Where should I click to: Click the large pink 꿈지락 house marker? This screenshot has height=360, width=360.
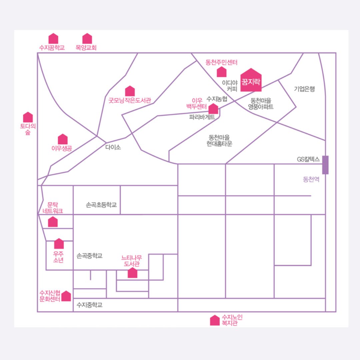(251, 80)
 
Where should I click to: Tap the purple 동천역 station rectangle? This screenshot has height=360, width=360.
(325, 165)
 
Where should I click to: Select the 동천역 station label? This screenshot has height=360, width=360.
(311, 179)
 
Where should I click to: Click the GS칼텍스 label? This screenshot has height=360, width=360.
(308, 159)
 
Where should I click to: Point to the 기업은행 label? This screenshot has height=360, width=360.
(304, 89)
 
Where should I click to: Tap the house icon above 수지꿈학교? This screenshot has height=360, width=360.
(53, 39)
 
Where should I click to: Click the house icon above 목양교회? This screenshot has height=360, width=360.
(87, 39)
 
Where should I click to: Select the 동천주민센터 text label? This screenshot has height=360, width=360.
(221, 62)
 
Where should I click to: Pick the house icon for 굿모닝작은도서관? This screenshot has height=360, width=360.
(130, 91)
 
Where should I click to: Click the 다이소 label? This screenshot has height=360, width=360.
(113, 147)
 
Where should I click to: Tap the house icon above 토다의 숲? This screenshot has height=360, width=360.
(28, 117)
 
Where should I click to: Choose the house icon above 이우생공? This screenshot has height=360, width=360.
(63, 139)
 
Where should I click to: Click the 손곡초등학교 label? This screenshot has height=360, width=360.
(101, 205)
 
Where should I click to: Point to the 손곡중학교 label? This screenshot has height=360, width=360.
(89, 256)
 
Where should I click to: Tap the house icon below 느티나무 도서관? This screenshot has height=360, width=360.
(133, 273)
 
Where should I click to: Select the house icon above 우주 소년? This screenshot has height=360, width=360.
(59, 244)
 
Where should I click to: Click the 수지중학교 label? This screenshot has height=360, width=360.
(89, 305)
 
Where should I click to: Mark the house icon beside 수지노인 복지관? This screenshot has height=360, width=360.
(215, 320)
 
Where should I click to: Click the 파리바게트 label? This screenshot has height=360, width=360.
(202, 117)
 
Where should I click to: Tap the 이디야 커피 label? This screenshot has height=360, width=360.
(232, 86)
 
